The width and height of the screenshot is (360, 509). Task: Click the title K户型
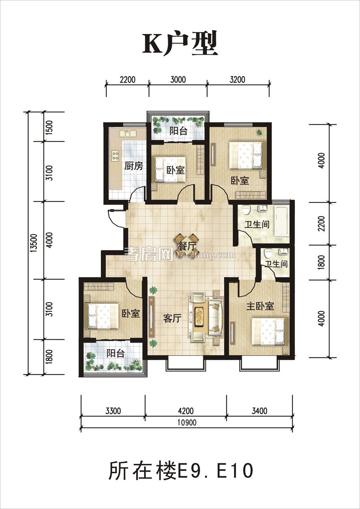click(x=180, y=44)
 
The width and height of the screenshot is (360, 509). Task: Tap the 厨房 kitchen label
click(x=134, y=166)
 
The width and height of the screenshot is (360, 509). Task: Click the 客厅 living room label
click(x=172, y=318)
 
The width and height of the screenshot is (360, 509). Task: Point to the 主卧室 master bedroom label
click(x=260, y=306)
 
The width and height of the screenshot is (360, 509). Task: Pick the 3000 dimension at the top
click(x=178, y=80)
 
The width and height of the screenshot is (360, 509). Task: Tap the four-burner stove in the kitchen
click(x=115, y=156)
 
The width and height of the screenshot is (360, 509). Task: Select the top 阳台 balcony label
click(x=179, y=131)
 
